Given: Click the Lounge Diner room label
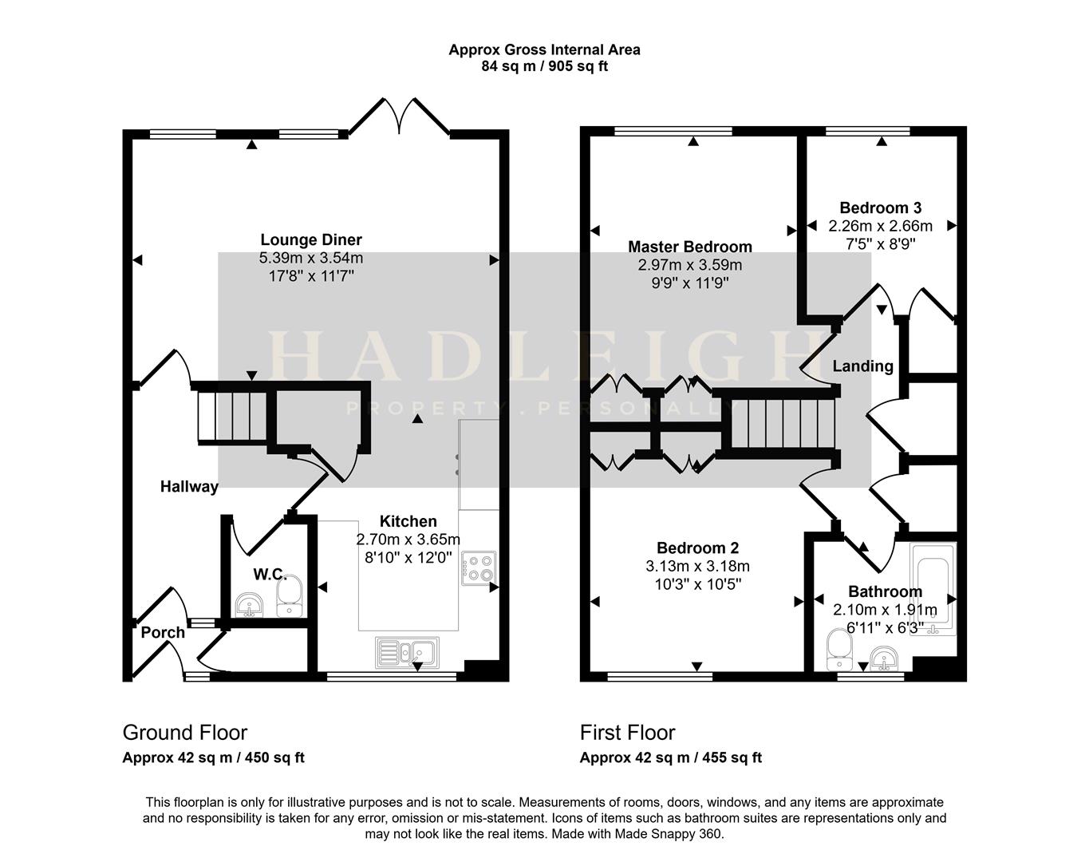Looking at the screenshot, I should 311,240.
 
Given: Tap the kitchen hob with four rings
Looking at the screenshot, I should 479,567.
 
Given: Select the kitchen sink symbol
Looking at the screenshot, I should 405,652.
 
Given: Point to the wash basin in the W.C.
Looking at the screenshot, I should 251,605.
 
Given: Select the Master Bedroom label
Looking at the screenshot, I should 689,247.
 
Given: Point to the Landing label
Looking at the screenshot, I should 862,366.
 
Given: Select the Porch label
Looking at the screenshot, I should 163,633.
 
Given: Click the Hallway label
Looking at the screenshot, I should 189,487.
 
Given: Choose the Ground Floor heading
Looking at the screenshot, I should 184,733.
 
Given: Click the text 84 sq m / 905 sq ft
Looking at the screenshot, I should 544,66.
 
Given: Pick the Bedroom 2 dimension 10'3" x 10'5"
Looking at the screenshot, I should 697,584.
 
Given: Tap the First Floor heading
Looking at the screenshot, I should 627,733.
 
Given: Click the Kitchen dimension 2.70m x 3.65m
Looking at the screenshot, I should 408,540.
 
